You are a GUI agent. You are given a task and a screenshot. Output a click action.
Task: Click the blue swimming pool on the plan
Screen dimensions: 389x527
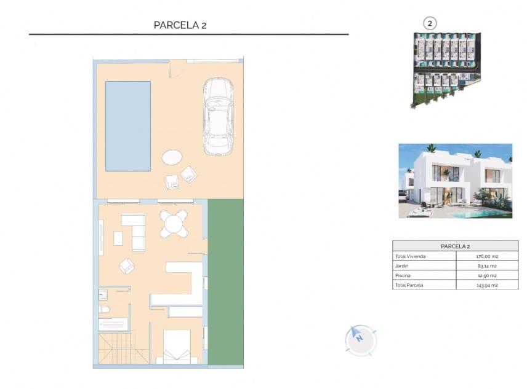(x=128, y=126)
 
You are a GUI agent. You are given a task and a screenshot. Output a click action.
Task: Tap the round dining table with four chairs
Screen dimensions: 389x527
(x=175, y=223)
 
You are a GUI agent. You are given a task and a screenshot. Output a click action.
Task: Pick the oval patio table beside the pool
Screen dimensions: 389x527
(x=172, y=157)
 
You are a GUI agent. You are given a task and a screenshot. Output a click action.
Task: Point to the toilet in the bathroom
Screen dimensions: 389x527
(x=104, y=309)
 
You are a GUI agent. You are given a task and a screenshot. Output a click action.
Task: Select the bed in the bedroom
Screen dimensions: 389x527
(x=177, y=347)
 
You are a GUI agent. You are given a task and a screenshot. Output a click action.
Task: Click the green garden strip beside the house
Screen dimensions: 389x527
(x=225, y=283)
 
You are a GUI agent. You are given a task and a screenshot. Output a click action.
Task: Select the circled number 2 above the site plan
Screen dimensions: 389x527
(x=430, y=23)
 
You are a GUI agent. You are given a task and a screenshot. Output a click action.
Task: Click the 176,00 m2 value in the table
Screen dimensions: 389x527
(x=486, y=256)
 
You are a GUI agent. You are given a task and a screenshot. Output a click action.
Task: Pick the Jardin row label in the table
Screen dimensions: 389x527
(x=401, y=266)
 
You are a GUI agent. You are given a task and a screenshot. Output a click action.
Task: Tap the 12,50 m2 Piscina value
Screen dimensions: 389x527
(x=486, y=276)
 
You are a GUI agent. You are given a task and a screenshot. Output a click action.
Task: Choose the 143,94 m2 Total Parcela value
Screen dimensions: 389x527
(x=486, y=285)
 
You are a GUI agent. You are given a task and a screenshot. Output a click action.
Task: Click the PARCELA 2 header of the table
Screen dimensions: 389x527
(x=455, y=246)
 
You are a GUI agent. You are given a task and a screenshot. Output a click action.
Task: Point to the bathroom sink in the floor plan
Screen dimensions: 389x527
(x=103, y=294)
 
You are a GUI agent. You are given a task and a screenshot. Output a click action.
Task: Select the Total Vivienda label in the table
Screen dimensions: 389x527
(x=409, y=256)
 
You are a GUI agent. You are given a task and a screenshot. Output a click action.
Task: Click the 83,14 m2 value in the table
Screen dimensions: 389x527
(x=486, y=266)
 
